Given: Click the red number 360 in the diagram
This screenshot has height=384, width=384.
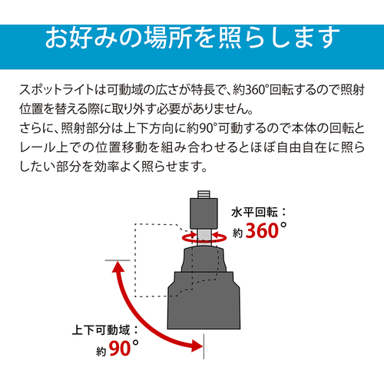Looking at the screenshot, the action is tap(262, 230).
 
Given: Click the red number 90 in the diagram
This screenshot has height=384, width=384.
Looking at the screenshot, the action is tap(120, 349).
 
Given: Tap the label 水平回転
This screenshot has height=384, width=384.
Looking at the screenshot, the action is tap(254, 212).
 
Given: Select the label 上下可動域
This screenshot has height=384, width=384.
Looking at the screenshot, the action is tap(101, 330).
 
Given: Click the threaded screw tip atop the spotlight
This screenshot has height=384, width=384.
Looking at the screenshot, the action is tap(204, 194).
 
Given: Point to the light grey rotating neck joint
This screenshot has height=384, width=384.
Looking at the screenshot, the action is tap(204, 237).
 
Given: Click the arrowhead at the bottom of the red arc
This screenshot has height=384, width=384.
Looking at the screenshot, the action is tap(198, 346).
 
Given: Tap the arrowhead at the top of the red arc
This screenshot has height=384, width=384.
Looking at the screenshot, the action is tap(118, 266).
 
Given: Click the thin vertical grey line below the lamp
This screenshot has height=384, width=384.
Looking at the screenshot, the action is tap(204, 346).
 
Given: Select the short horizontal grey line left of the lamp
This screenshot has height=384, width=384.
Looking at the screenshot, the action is tap(118, 260).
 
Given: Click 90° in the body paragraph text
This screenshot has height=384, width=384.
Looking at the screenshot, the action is tap(209, 128).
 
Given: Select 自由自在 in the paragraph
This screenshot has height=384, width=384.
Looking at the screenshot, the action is tap(302, 147).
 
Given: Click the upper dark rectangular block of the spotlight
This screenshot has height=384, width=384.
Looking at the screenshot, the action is tap(204, 214).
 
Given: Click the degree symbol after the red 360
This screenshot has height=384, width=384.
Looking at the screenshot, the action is tap(283, 225).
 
